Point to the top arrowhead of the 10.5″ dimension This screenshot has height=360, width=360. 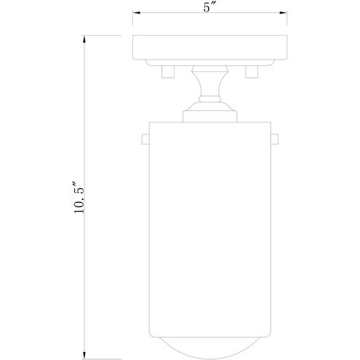86,37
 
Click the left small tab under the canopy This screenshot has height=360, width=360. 165,71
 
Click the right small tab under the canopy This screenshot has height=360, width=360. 254,71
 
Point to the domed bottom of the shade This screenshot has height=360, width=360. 209,342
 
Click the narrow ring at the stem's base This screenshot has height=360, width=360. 209,104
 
